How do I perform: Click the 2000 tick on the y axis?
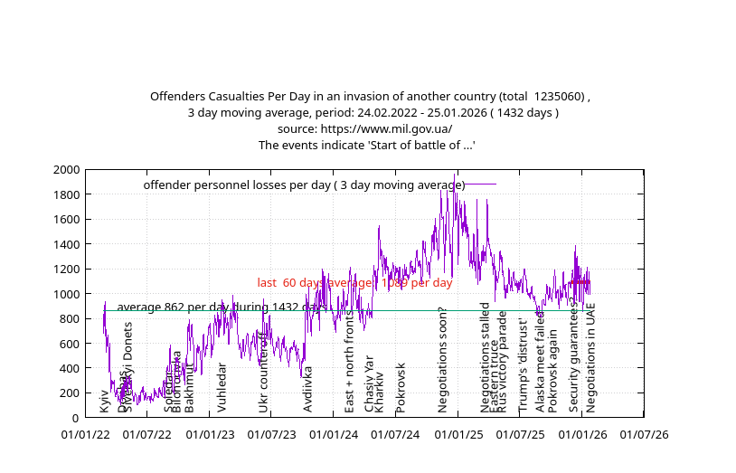[x=66, y=170]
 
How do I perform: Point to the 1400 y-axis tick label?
[x=66, y=244]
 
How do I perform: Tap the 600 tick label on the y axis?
[x=70, y=344]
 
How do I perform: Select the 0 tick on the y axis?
[x=76, y=418]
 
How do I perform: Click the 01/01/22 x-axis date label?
[x=86, y=435]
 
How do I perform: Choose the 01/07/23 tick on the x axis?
[x=271, y=435]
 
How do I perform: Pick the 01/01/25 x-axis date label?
[x=458, y=435]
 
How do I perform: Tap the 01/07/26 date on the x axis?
[x=644, y=435]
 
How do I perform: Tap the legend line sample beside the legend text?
[x=480, y=184]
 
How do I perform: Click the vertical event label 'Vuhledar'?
[x=222, y=388]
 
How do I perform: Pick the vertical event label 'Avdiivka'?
[x=308, y=390]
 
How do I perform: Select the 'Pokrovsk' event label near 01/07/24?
[x=401, y=388]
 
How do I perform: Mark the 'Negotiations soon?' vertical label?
[x=443, y=360]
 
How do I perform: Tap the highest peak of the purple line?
[x=454, y=174]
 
